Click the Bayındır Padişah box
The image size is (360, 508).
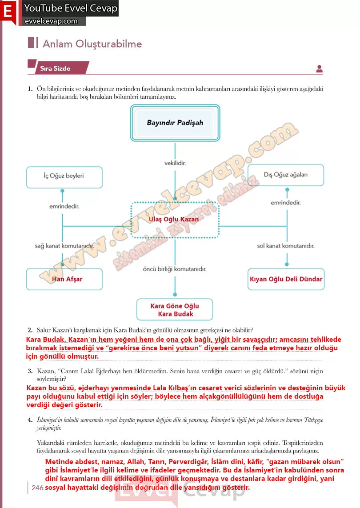coord(175,123)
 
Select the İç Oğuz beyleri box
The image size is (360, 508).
coord(64,177)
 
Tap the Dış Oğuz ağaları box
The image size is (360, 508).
coord(285,175)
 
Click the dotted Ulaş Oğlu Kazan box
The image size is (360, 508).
coord(175,220)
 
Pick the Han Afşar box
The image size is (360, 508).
coord(64,279)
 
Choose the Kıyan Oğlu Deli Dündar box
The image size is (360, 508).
coord(286,279)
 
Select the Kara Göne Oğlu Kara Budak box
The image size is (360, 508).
coord(175,310)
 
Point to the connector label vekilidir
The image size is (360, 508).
coord(175,163)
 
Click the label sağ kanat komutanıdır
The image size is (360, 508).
coord(64,246)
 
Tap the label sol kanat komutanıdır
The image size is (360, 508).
coord(286,246)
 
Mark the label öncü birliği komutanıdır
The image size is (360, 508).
coord(175,269)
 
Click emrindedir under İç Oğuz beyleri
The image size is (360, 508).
coord(64,206)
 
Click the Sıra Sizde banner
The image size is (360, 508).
coord(58,68)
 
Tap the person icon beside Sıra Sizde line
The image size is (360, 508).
coord(320,69)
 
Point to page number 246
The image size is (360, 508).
coord(38,488)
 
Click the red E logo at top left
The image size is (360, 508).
coord(8,12)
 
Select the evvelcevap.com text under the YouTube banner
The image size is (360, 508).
coord(51,21)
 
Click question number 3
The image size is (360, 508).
coord(30,371)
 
